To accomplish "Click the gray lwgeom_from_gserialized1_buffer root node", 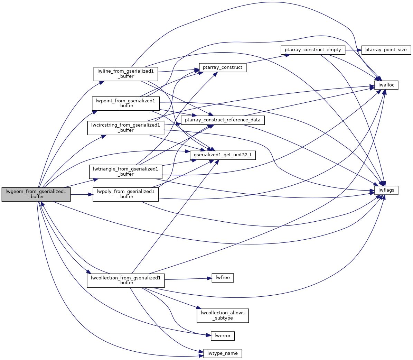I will (x=36, y=194).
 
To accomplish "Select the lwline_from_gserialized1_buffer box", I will (x=126, y=74).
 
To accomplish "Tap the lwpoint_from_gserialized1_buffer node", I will (x=126, y=103).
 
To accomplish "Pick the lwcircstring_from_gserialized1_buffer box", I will (x=125, y=128).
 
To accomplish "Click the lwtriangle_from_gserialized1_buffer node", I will (x=126, y=172).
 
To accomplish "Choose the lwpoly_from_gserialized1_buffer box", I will (x=125, y=194).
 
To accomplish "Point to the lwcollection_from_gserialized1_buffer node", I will (x=125, y=280).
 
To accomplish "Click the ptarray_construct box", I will (x=223, y=67).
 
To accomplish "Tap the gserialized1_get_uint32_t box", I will (x=223, y=155).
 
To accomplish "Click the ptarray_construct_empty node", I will (x=313, y=50).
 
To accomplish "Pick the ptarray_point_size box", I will (x=386, y=50).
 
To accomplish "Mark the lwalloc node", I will (x=386, y=85).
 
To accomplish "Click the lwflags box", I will (x=386, y=190).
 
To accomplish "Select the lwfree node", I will (x=223, y=278).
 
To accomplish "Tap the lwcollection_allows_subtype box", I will (x=223, y=315).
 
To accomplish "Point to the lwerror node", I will (x=223, y=335).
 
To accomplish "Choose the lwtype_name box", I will (x=223, y=353).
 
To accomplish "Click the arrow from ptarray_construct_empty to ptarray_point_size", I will (x=353, y=50).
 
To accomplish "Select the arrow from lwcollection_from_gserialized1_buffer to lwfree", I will (x=188, y=279).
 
